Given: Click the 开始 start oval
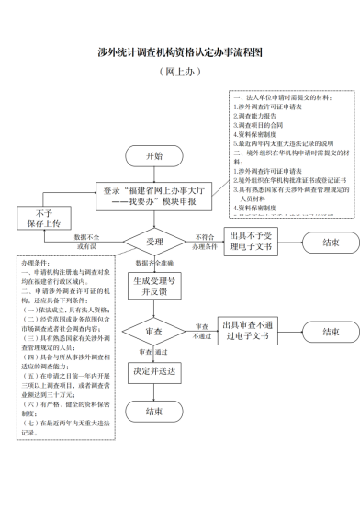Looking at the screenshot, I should [153, 155].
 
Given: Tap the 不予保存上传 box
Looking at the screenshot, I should [37, 218].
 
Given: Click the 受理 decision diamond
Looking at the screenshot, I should [154, 243].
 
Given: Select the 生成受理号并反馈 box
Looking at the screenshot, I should [154, 285].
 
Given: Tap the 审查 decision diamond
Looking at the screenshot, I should [154, 331].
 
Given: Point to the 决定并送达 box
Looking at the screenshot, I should [154, 373].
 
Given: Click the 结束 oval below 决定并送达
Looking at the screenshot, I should [154, 413].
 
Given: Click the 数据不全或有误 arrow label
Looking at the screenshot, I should [93, 243].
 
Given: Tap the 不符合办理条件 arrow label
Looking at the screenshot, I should [205, 243].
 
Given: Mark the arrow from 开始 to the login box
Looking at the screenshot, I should [154, 172].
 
